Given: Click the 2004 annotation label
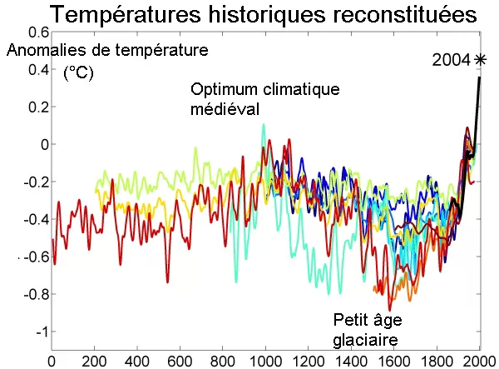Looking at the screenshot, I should click(451, 60).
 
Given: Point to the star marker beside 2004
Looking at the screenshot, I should click(480, 59).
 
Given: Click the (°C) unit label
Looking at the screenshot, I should click(79, 73).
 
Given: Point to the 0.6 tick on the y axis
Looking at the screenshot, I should click(38, 32).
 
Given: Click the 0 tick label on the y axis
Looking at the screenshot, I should click(43, 144).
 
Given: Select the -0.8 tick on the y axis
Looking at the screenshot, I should click(35, 294).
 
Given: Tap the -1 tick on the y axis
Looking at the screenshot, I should click(40, 332).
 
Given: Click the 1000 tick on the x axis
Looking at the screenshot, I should click(264, 362).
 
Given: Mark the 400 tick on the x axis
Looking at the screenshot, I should click(137, 362).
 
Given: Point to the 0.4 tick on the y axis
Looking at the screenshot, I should click(38, 69).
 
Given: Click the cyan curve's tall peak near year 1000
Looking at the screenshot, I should click(264, 126).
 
